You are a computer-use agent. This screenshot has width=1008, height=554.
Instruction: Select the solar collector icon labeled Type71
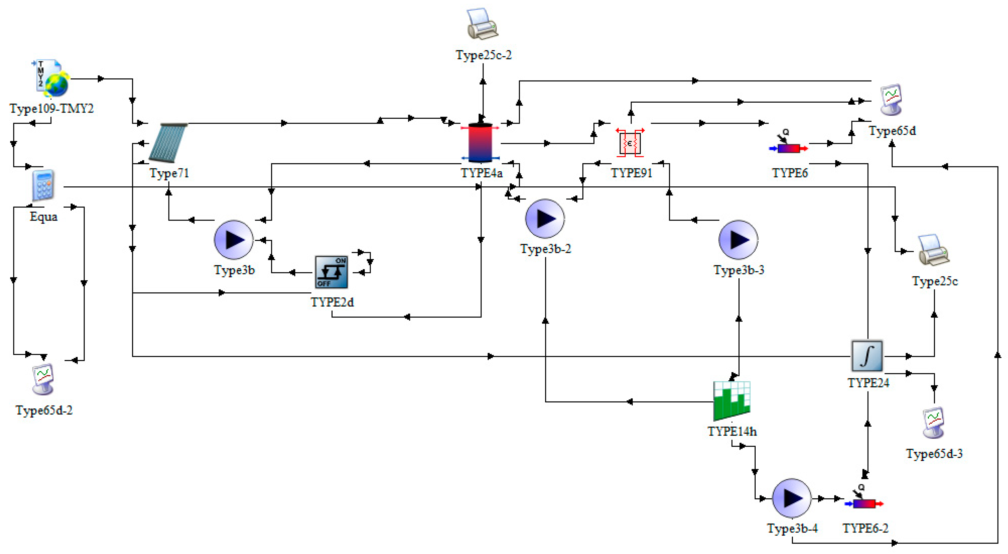click(x=168, y=143)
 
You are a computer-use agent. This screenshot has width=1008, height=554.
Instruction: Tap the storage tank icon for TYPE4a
click(x=480, y=143)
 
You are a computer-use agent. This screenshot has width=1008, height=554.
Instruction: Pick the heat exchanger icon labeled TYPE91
click(x=630, y=143)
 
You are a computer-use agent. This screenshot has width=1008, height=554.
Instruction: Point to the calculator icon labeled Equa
click(x=43, y=186)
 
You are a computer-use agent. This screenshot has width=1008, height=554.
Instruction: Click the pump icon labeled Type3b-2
click(x=545, y=219)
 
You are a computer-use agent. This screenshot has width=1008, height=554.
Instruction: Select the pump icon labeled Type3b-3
click(x=738, y=240)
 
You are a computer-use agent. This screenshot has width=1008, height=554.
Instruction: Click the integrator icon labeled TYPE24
click(x=867, y=355)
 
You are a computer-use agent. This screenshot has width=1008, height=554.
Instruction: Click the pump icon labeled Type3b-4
click(x=792, y=498)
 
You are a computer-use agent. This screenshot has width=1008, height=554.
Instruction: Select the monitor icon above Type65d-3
click(x=934, y=423)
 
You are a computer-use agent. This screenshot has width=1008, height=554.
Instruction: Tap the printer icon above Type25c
click(x=934, y=250)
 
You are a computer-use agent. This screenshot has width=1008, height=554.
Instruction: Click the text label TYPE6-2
click(x=866, y=528)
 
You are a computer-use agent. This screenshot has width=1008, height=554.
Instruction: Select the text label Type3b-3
click(x=739, y=270)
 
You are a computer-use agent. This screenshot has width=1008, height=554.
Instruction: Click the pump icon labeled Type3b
click(x=234, y=240)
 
